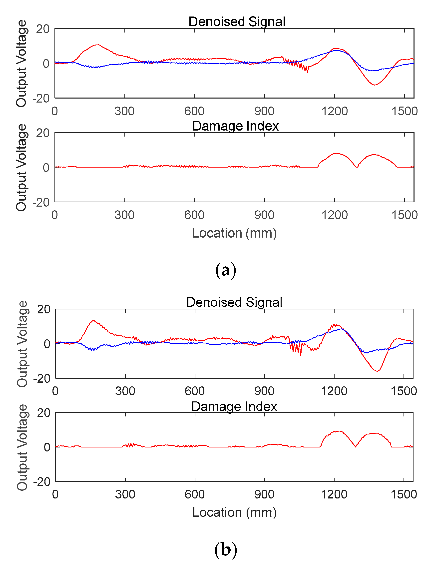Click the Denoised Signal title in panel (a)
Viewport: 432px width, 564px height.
pos(237,22)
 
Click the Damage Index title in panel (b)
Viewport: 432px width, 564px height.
pos(234,406)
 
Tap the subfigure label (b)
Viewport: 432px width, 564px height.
pos(226,550)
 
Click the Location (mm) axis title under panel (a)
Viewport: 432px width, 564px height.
pos(234,233)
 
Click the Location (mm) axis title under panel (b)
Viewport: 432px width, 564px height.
pos(234,512)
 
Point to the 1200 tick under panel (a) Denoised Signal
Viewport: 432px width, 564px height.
pos(334,112)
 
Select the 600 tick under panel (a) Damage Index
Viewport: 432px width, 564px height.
pos(194,215)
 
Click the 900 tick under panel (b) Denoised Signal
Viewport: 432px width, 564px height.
pos(264,391)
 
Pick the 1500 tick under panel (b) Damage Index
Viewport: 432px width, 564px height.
pos(404,494)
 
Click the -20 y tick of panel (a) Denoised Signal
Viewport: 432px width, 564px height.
pos(41,99)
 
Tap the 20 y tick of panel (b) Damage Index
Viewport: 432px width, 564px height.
pos(44,413)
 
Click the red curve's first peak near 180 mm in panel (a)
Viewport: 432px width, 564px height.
pos(97,45)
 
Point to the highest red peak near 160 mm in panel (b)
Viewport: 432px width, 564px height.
pos(94,320)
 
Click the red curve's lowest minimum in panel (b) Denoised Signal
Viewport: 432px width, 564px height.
pos(378,371)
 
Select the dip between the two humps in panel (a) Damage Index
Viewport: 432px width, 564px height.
pos(357,167)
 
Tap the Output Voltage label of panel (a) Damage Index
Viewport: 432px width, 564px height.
pos(21,167)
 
